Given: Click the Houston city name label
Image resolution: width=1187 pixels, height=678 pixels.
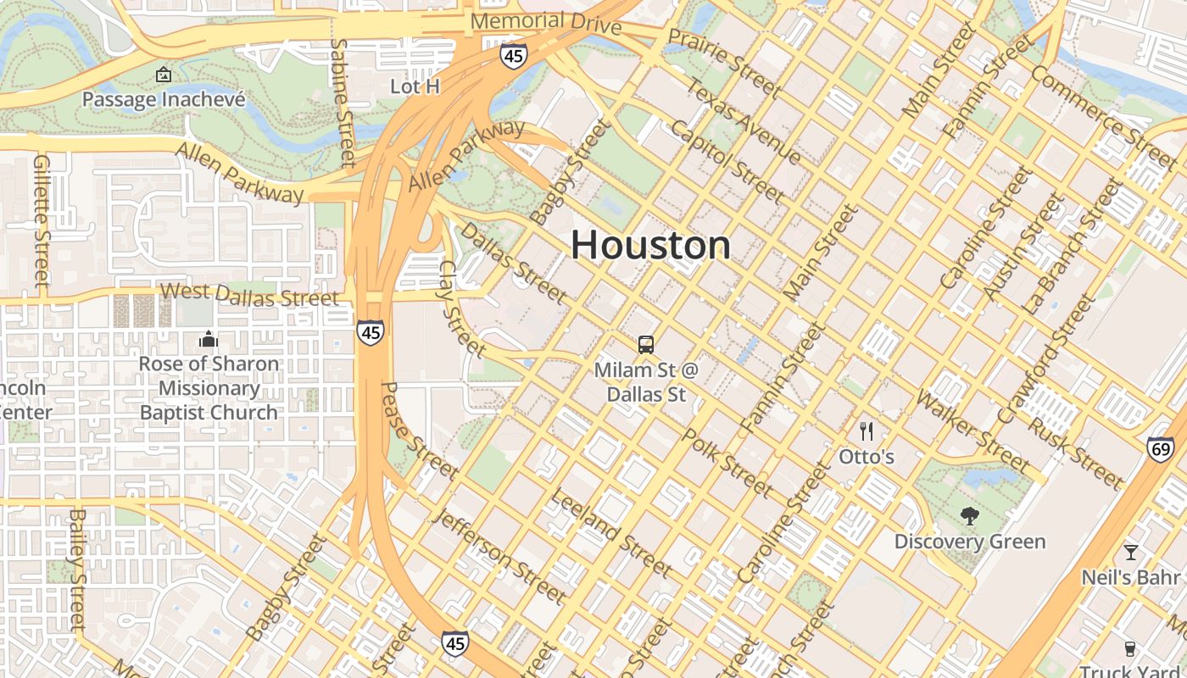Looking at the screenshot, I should click(650, 246).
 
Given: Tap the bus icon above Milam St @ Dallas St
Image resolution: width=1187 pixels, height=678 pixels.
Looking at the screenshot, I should click(646, 345).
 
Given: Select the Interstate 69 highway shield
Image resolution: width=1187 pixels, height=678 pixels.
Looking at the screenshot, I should click(1160, 449).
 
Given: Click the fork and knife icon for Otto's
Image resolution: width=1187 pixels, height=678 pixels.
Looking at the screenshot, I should click(866, 431).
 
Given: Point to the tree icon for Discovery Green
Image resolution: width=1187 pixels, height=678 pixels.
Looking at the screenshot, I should click(969, 516).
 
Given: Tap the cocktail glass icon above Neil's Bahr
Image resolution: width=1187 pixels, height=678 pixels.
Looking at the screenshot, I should click(1130, 553).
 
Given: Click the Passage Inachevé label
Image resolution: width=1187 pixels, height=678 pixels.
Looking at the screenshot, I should click(164, 99).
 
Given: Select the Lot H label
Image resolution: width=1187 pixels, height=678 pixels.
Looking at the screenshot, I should click(415, 86).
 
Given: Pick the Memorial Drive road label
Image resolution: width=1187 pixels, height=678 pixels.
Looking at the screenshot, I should click(546, 23).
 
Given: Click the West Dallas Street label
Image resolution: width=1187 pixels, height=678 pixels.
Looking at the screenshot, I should click(249, 295).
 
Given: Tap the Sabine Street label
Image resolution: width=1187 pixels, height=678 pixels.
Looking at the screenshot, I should click(343, 102).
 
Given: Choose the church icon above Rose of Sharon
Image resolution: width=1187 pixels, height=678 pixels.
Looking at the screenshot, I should click(208, 341).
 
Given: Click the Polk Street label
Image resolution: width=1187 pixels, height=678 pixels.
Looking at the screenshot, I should click(727, 463).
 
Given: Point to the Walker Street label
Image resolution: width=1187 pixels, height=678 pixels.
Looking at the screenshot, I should click(973, 431).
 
